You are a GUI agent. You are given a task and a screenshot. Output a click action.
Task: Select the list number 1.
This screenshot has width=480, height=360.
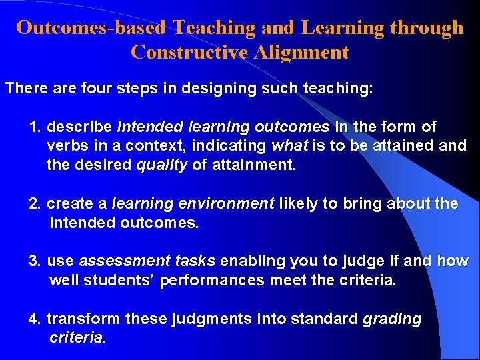[x=35, y=127]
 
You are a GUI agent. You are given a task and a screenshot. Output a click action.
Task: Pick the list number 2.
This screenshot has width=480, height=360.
[x=35, y=204]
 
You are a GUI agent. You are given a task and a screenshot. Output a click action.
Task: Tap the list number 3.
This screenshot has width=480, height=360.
[x=35, y=261]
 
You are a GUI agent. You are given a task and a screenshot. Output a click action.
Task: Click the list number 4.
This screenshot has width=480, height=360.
[x=35, y=319]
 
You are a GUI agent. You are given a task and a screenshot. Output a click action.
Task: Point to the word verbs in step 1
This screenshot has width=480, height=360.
[x=66, y=145]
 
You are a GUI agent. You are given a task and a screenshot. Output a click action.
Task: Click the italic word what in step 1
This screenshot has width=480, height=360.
[x=289, y=145]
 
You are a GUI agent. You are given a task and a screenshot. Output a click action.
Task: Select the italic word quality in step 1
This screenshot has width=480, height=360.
[x=162, y=165]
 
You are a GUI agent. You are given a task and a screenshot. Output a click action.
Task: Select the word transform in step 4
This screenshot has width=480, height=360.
[x=75, y=319]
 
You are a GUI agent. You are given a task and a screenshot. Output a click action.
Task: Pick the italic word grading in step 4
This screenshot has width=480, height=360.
[x=392, y=319]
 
